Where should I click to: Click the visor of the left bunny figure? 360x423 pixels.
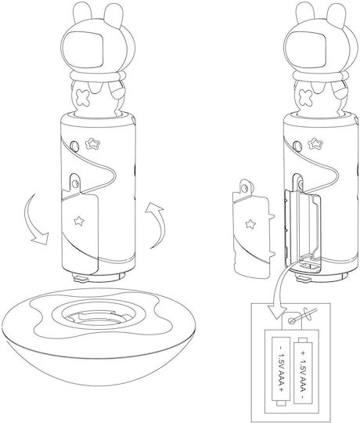86,50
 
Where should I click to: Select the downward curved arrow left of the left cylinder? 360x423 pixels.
33,220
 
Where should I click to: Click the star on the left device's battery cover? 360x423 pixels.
79,221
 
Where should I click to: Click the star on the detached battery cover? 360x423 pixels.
251,224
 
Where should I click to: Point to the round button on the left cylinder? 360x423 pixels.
74,146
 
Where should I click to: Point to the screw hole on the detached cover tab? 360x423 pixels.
245,187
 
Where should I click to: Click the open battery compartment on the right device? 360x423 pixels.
302,230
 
